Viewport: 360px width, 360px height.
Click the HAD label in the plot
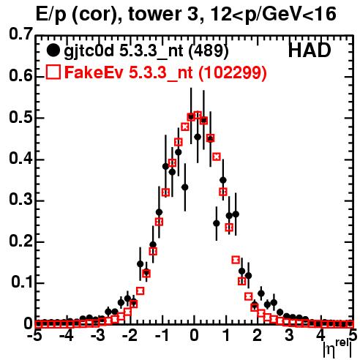pos(310,50)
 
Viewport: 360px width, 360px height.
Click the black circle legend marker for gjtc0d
pos(53,50)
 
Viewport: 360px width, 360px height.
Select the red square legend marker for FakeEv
pos(53,72)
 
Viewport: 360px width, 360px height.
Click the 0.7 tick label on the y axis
pos(20,34)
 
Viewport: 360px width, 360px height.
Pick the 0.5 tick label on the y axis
pos(20,117)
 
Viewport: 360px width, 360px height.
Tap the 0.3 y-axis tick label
pos(20,200)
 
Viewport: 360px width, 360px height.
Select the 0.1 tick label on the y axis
pos(21,282)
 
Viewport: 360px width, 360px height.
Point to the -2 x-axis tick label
pos(131,336)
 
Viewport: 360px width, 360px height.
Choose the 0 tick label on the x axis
pos(194,336)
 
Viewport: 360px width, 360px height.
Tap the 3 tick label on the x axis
pos(289,336)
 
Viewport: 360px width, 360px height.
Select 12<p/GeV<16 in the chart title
pos(273,15)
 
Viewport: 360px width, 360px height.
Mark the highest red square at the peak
pos(198,115)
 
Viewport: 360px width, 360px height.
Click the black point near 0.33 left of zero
pos(185,187)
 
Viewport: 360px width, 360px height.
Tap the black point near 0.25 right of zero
pos(217,223)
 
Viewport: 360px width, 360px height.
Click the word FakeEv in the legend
pos(94,72)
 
